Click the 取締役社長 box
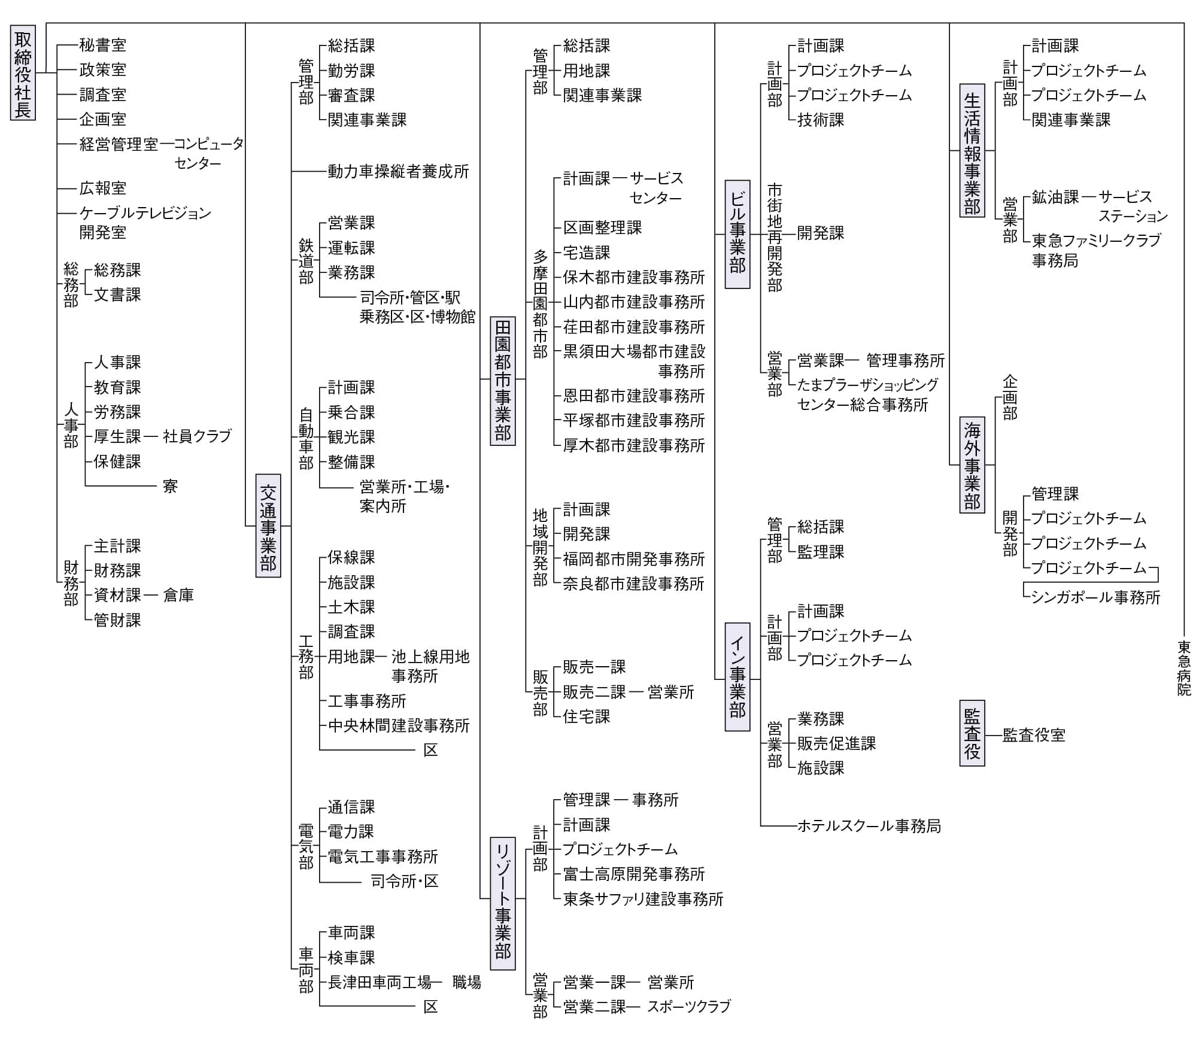(23, 72)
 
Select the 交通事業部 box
(268, 525)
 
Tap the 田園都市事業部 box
(503, 381)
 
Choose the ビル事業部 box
(737, 234)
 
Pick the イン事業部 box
(737, 677)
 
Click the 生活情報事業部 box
(972, 150)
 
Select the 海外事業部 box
(972, 465)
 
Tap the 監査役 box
(972, 733)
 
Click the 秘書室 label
(103, 45)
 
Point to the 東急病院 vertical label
(1184, 668)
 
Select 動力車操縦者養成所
(398, 172)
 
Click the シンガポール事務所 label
(1096, 597)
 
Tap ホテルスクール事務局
(869, 827)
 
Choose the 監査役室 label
(1034, 735)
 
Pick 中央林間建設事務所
(399, 726)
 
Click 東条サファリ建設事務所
(643, 899)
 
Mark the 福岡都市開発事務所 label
(634, 559)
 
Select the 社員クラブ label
(197, 436)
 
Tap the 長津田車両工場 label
(380, 982)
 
